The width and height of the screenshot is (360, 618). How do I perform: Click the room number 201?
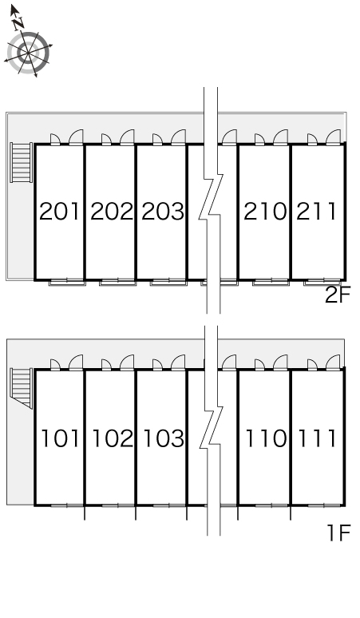60,211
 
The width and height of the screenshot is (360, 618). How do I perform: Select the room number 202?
112,211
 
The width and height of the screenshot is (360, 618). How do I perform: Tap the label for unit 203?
163,211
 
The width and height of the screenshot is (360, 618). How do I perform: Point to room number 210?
265,211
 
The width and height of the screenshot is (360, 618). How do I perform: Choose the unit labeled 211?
316,211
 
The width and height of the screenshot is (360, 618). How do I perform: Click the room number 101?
60,438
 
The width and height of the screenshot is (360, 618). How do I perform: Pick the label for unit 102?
113,438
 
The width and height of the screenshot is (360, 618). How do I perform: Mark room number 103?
164,438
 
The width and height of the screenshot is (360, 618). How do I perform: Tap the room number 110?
266,438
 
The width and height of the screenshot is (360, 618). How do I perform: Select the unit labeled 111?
317,438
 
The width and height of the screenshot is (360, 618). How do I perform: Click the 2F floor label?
338,295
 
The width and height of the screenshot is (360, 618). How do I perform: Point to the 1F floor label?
338,533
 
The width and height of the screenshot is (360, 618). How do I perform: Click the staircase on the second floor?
22,162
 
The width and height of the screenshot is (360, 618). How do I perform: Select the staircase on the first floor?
22,388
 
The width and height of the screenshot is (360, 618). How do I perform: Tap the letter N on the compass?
18,25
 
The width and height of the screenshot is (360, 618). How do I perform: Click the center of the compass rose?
29,52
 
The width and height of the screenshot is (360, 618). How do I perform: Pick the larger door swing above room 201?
76,137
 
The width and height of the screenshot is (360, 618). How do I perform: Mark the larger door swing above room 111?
333,362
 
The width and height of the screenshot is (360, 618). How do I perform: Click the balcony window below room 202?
118,282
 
